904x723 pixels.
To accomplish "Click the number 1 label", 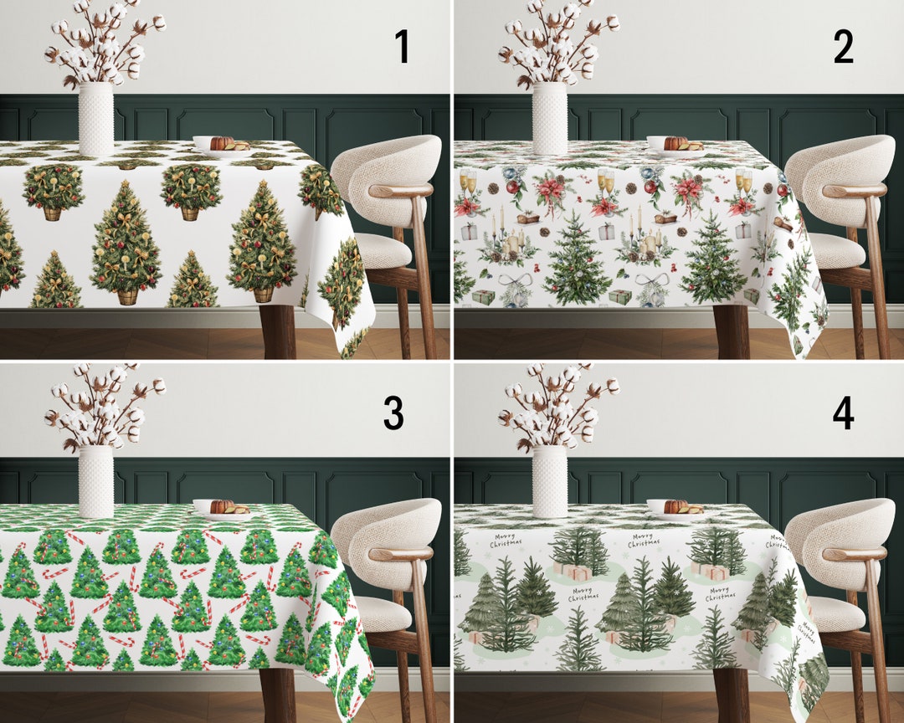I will coord(402,48).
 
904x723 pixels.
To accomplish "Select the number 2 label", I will coord(843,48).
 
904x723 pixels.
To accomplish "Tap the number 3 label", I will coord(393,412).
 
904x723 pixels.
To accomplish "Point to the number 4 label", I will coord(843,412).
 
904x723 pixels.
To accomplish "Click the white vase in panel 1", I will coord(95,119).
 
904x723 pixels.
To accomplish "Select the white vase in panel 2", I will coord(550,119).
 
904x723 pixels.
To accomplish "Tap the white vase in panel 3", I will coord(95,482).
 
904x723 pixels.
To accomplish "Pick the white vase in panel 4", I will coord(550,482).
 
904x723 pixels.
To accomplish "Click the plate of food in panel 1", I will coord(221,145).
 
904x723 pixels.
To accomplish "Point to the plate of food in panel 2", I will coord(675,145).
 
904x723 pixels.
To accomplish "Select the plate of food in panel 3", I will coord(221,508).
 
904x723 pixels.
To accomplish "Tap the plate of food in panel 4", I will coord(675,508).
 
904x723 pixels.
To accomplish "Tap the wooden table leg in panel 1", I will coord(277,333).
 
